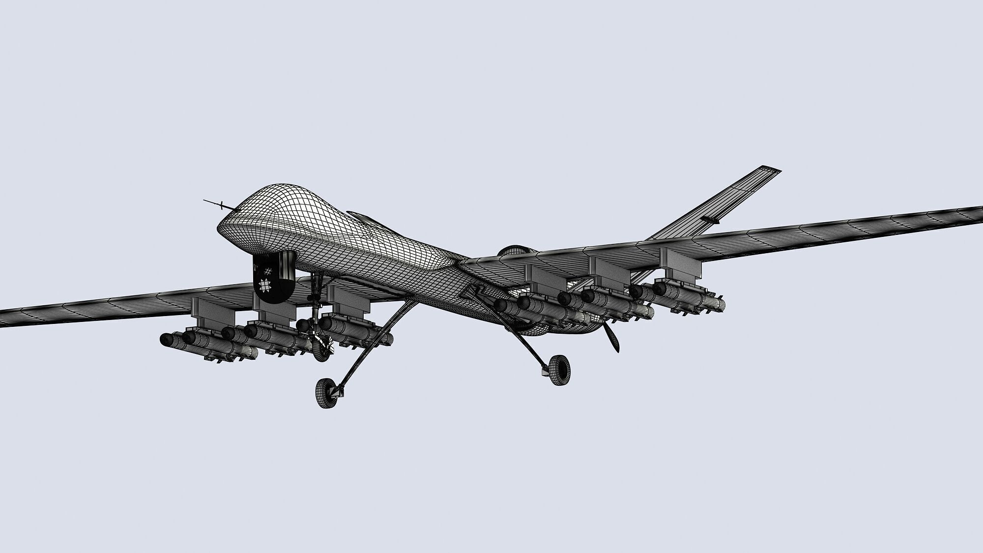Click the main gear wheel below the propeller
click(x=560, y=370)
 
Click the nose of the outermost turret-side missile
click(x=166, y=339)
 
